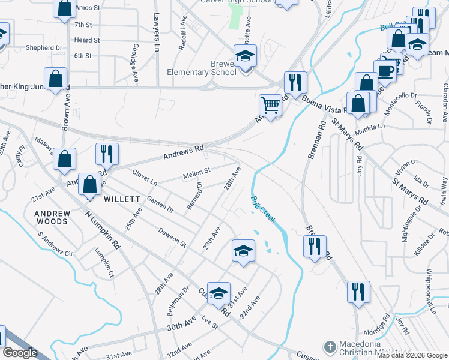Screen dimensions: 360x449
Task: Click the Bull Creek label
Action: pyautogui.click(x=264, y=209)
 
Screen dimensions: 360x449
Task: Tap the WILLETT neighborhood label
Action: pyautogui.click(x=122, y=199)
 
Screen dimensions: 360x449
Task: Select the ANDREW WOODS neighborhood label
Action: pyautogui.click(x=51, y=217)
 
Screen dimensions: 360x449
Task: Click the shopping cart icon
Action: pyautogui.click(x=271, y=106)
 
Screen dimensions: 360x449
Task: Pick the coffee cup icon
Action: pyautogui.click(x=385, y=71)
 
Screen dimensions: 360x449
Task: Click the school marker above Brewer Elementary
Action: pyautogui.click(x=245, y=57)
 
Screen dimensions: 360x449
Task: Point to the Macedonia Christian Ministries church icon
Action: pyautogui.click(x=330, y=347)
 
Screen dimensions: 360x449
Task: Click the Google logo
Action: pyautogui.click(x=20, y=353)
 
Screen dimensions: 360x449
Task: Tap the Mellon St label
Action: pyautogui.click(x=196, y=174)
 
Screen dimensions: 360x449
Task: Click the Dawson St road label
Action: pyautogui.click(x=172, y=236)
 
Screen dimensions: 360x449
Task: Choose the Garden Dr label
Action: pyautogui.click(x=160, y=206)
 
